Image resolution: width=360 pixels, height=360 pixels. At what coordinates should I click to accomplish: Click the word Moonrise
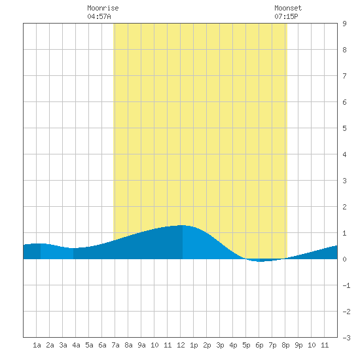pyautogui.click(x=103, y=8)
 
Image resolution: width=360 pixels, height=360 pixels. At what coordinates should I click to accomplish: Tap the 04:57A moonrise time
pyautogui.click(x=99, y=16)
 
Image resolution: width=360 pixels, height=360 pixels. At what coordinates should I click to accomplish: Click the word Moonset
pyautogui.click(x=288, y=8)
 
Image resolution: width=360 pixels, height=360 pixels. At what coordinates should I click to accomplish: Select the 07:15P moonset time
pyautogui.click(x=286, y=16)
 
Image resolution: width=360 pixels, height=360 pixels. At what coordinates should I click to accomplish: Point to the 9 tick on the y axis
pyautogui.click(x=344, y=24)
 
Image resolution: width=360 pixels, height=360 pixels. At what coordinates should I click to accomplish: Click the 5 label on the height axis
pyautogui.click(x=344, y=128)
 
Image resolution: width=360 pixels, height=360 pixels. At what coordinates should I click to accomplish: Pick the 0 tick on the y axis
pyautogui.click(x=344, y=259)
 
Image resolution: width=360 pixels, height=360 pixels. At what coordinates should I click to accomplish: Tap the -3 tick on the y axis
pyautogui.click(x=346, y=338)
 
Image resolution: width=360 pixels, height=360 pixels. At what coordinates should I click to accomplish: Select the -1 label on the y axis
pyautogui.click(x=346, y=285)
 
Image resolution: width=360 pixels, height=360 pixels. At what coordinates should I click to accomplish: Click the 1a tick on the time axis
pyautogui.click(x=37, y=345)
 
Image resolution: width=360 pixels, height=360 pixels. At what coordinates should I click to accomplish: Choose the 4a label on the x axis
pyautogui.click(x=76, y=345)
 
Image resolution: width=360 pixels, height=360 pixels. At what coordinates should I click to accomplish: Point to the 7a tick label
pyautogui.click(x=115, y=345)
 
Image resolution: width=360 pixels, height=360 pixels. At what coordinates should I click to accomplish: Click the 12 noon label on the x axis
pyautogui.click(x=181, y=345)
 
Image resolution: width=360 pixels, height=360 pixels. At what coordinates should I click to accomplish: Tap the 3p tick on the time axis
pyautogui.click(x=220, y=345)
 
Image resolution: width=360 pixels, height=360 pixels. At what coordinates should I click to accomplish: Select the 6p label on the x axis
pyautogui.click(x=259, y=345)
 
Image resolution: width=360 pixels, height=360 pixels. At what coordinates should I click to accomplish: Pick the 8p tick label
pyautogui.click(x=285, y=345)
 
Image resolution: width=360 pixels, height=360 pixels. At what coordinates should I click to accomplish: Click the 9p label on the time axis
pyautogui.click(x=298, y=345)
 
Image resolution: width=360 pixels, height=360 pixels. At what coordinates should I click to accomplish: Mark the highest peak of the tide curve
pyautogui.click(x=183, y=225)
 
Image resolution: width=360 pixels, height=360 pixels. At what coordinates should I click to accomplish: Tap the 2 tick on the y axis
pyautogui.click(x=344, y=207)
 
